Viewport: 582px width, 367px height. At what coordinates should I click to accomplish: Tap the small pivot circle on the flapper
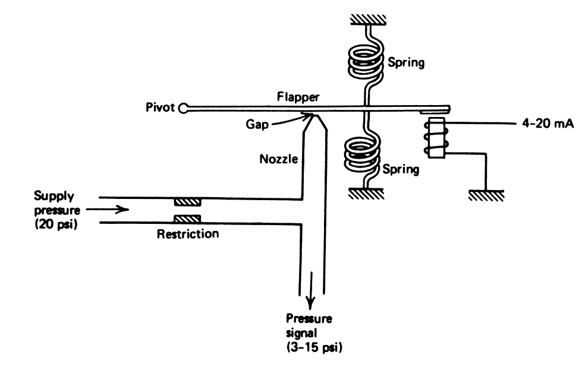click(x=184, y=108)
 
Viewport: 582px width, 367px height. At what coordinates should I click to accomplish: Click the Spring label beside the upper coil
click(x=405, y=62)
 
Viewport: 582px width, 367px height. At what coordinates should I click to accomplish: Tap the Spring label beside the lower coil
click(x=401, y=169)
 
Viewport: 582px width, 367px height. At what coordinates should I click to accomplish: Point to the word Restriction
click(x=188, y=234)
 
